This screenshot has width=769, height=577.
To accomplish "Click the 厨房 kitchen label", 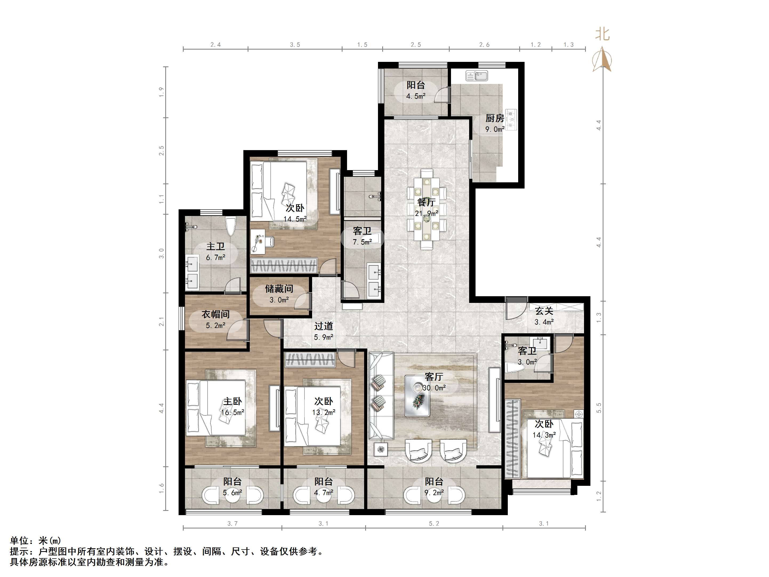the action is (495, 118).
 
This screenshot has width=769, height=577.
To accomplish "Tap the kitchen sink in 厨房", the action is (477, 75).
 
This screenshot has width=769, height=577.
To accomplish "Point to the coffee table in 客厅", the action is (417, 395).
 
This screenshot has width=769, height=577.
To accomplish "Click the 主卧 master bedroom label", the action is (232, 401).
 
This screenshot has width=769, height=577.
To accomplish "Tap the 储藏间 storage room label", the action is (279, 289).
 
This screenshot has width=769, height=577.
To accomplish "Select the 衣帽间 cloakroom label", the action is (216, 314).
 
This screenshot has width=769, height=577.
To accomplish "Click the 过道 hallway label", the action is (324, 326).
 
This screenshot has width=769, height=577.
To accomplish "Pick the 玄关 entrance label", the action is (544, 311).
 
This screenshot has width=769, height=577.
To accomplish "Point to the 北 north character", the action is (602, 34).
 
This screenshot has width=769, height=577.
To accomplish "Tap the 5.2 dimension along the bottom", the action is (434, 523).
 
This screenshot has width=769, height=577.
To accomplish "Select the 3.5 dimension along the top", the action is (295, 45).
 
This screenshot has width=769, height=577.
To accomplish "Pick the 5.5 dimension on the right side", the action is (598, 408).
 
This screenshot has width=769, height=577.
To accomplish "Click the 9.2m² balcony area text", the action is (434, 492).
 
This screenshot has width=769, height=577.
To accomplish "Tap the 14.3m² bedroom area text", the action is (544, 435).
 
